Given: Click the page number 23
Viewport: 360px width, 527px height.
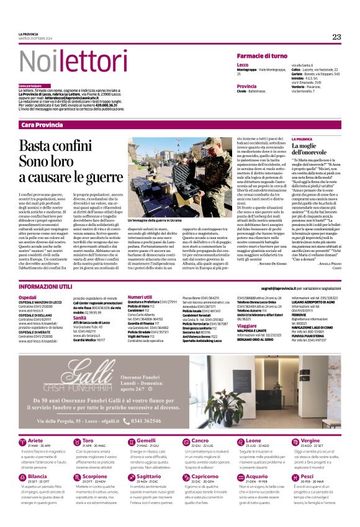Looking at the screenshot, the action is tap(336, 37).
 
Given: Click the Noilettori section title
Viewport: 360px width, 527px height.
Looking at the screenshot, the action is tap(64, 61).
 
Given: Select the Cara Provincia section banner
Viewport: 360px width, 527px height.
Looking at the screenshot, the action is tap(42, 125).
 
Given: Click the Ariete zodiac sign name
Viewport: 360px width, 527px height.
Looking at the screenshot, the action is tap(36, 440).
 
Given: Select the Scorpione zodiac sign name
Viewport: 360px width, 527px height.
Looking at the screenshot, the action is tap(94, 477).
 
